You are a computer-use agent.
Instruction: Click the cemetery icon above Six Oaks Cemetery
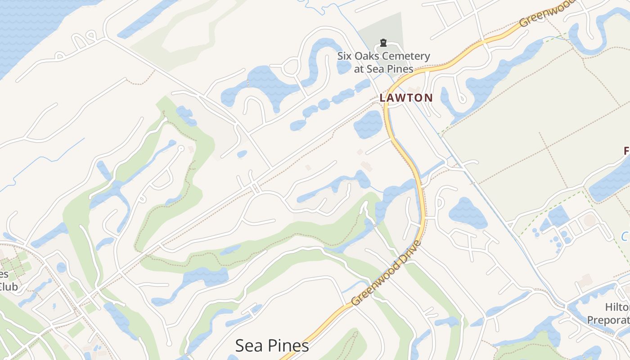(x=383, y=43)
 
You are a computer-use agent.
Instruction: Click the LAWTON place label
(x=406, y=98)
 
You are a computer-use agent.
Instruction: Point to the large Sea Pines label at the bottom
(x=272, y=346)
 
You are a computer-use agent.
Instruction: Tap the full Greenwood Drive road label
(x=387, y=274)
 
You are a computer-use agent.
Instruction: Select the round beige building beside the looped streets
(x=589, y=220)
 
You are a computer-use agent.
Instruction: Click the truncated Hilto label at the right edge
(x=617, y=307)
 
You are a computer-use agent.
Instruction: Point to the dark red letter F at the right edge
(x=626, y=151)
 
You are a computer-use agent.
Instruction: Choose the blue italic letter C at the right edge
(x=625, y=236)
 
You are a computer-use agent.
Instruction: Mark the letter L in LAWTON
(x=382, y=98)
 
